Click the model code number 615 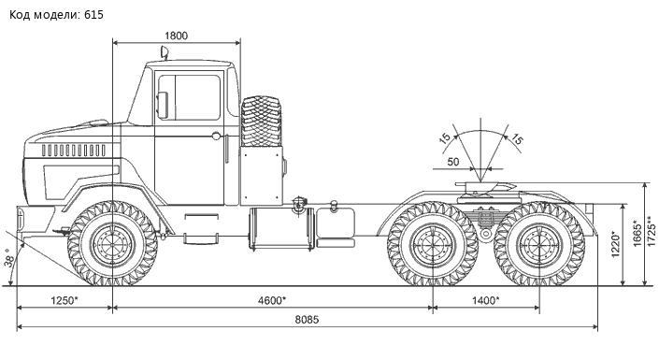click(93, 15)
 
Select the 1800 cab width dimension click(176, 36)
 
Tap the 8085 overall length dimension click(307, 320)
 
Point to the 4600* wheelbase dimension click(272, 301)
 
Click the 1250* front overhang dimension click(64, 301)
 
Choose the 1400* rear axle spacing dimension click(485, 301)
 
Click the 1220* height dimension click(615, 244)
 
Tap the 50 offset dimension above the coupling click(453, 162)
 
